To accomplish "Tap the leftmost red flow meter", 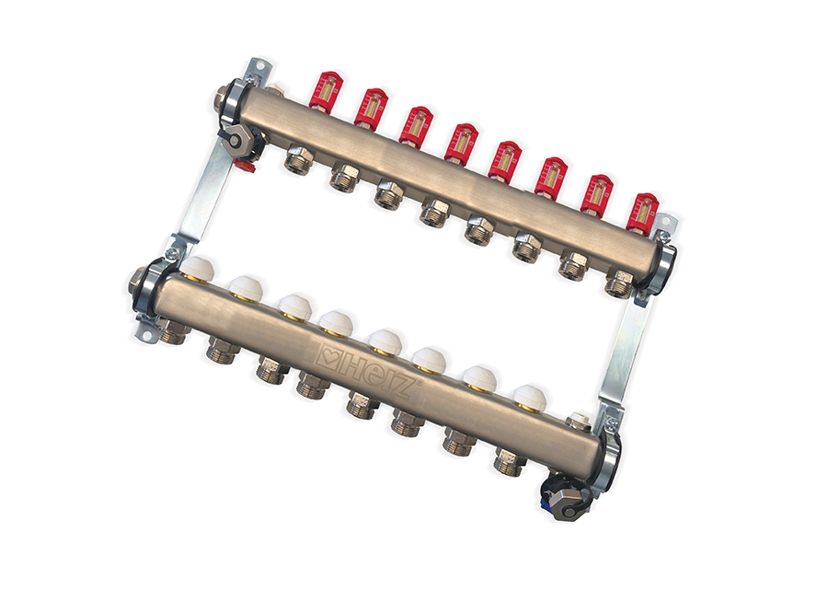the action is [x=323, y=90].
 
